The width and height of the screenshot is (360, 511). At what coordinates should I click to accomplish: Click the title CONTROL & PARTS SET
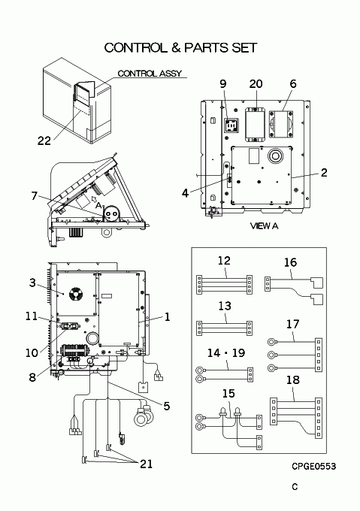coord(180,48)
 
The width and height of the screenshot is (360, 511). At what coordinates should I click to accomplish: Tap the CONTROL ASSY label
coord(150,74)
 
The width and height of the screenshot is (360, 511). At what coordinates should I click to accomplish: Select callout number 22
coord(44,141)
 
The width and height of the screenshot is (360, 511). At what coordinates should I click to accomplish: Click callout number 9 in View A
coord(223,83)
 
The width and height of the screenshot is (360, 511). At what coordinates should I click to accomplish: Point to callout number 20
coord(256,83)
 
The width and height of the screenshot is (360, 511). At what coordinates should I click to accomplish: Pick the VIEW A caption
coord(265,225)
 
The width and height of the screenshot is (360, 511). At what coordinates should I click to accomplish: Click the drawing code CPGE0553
coord(313,467)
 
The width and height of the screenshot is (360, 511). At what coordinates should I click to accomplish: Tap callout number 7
coord(35,196)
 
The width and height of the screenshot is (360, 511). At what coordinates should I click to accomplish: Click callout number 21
coord(147,464)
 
